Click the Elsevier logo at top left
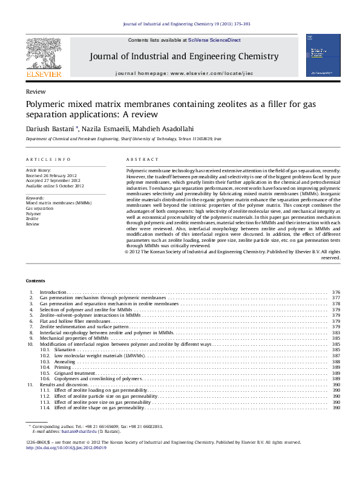click(x=43, y=56)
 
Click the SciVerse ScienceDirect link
click(x=214, y=40)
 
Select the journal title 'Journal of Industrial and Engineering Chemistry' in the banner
click(x=184, y=56)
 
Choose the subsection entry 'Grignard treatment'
click(x=74, y=373)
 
